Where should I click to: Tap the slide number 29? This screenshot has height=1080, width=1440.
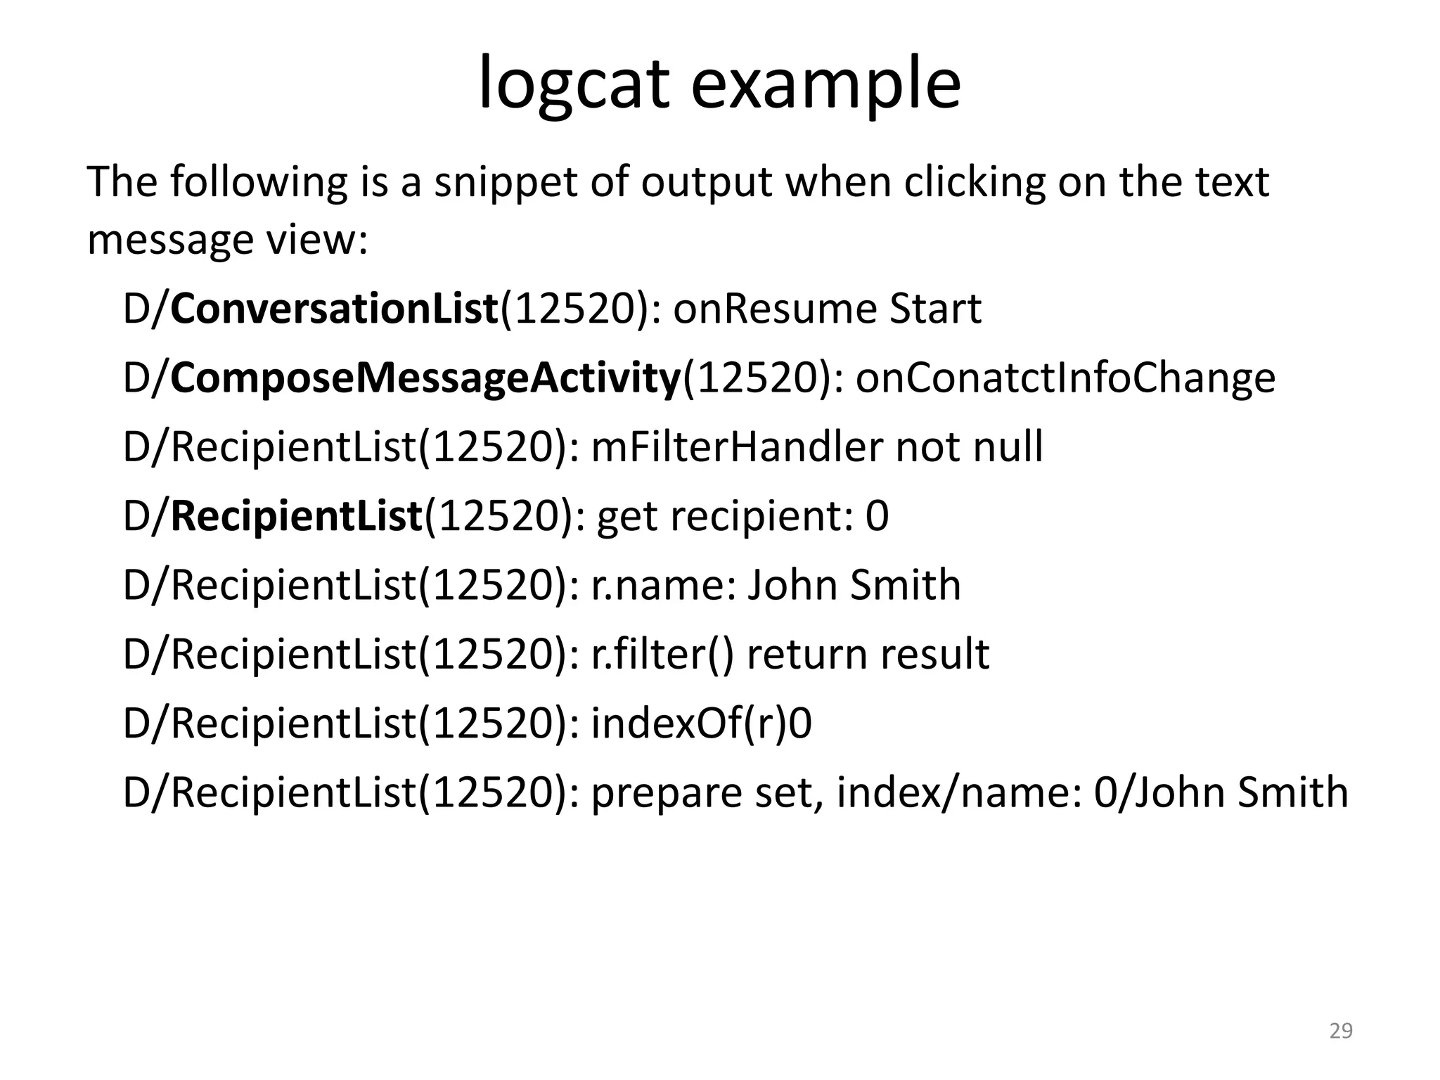click(x=1341, y=1031)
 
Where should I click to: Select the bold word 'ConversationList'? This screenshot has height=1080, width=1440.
click(x=334, y=309)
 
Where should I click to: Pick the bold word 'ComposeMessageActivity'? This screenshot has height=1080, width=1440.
click(x=425, y=378)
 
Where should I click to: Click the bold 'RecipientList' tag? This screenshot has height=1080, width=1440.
click(x=296, y=515)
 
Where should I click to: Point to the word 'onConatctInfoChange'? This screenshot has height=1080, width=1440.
click(x=1065, y=378)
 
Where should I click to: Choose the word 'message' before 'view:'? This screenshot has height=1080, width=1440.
click(x=169, y=240)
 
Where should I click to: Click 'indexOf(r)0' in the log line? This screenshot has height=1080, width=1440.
click(x=701, y=723)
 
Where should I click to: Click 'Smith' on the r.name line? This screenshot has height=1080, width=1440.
click(x=905, y=585)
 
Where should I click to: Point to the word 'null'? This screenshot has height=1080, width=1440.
click(x=1008, y=446)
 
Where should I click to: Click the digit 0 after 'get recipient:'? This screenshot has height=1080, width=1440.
click(x=877, y=515)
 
